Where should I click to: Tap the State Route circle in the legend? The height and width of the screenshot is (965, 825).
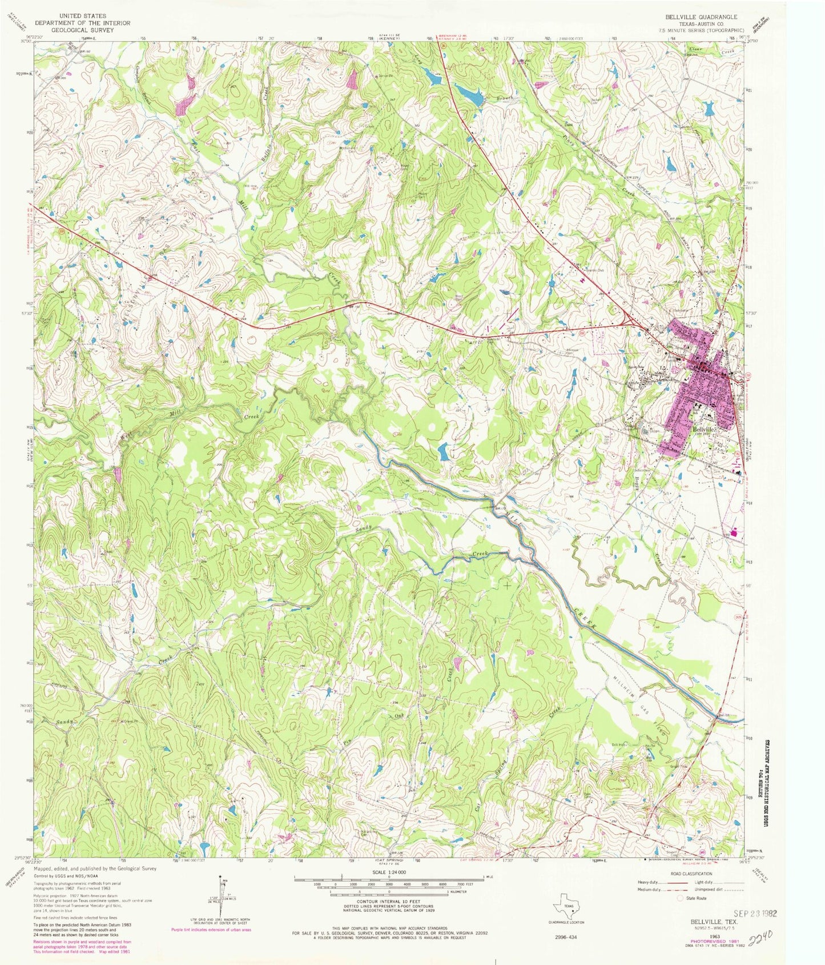(681, 898)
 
